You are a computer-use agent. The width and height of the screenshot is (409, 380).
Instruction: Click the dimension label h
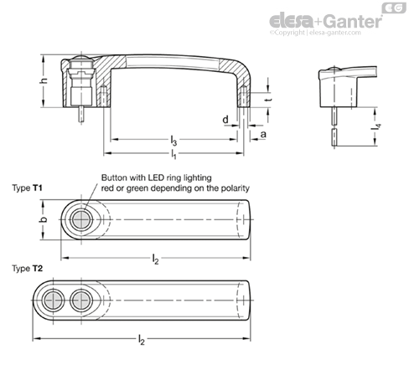44,81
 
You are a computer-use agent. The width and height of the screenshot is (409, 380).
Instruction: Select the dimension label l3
173,141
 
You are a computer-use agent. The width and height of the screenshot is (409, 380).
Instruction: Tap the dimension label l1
173,154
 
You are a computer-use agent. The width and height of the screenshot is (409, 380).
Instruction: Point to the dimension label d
225,120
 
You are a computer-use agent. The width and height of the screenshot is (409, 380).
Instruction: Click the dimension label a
263,135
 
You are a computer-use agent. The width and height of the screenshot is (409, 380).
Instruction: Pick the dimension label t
269,100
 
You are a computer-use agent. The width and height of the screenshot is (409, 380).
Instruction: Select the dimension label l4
376,126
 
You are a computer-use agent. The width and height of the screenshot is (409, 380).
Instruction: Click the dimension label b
44,219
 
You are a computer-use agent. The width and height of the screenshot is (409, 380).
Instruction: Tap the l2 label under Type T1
156,259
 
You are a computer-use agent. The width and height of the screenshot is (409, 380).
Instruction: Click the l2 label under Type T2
142,340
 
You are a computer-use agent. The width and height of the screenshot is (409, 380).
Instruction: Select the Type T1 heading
27,188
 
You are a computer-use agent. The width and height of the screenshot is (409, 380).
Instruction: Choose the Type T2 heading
28,269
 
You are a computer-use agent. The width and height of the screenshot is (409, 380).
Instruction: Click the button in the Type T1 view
81,220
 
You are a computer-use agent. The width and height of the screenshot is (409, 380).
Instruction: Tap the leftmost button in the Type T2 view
53,300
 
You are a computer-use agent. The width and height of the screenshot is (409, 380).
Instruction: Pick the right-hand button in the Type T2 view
81,300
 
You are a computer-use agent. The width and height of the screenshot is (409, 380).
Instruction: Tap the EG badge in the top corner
394,8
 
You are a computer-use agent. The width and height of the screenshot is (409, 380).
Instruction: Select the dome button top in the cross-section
81,59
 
